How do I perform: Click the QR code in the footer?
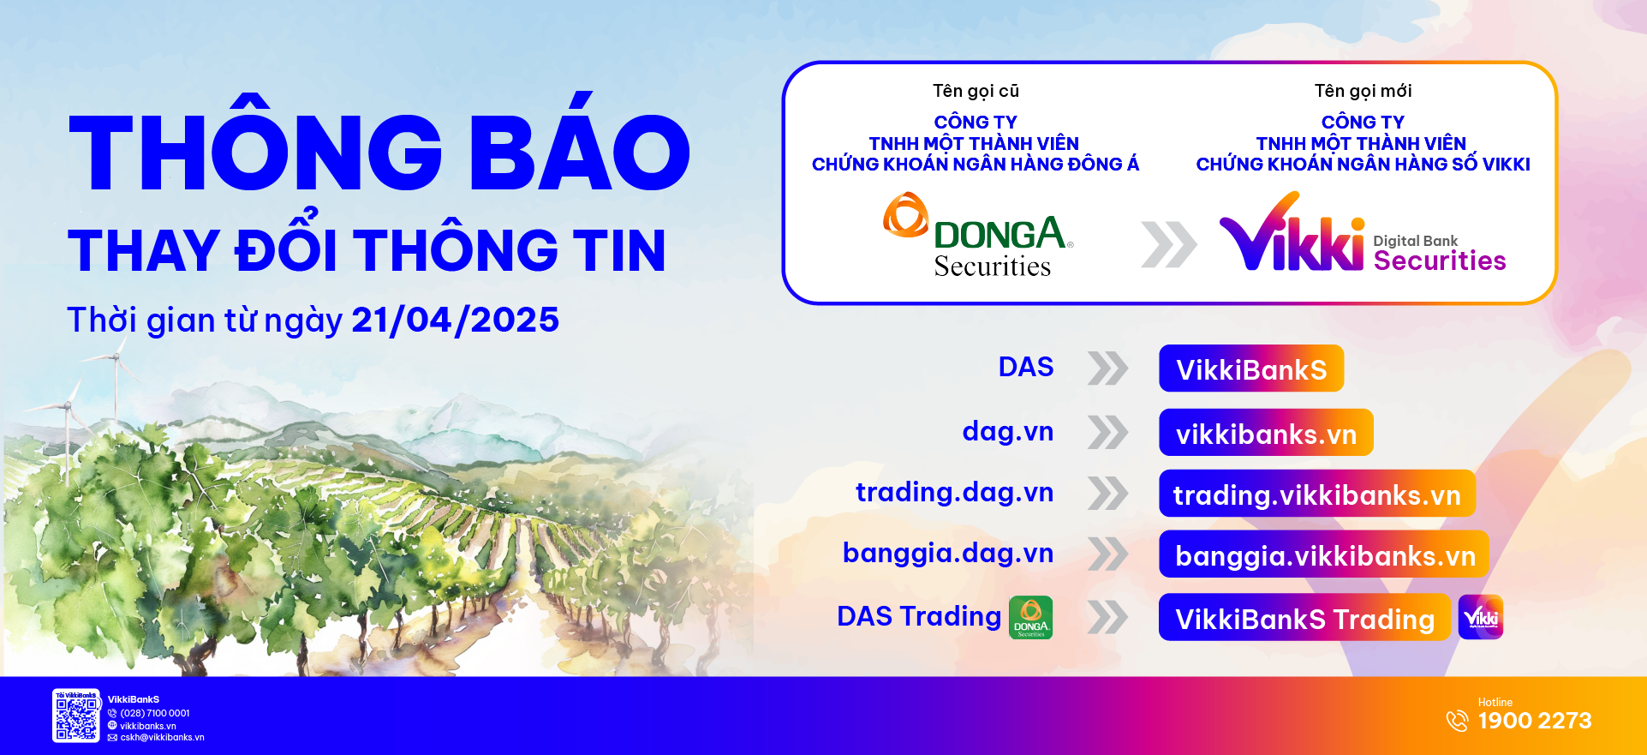coord(76,716)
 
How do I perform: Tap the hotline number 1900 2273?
coord(1535,721)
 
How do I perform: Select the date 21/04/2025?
coord(455,320)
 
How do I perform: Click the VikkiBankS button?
coord(1251,369)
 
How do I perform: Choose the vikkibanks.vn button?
coord(1266,433)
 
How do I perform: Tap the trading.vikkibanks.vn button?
coord(1317,494)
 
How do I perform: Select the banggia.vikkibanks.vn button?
coord(1324,554)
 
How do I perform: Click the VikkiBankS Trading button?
coord(1304,617)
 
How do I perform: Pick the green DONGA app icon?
coord(1031,617)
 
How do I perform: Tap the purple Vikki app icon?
coord(1481,617)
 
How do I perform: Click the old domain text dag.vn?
coord(1008,431)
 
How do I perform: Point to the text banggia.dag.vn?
coord(948,554)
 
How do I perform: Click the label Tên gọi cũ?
coord(976,91)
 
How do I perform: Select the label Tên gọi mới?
coord(1363,91)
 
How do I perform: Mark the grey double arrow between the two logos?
coord(1169,244)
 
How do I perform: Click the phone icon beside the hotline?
coord(1457,721)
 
